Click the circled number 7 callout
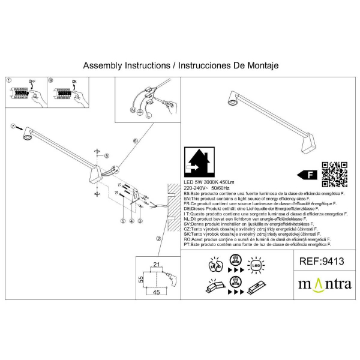coord(12,127)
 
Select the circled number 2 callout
coord(158,238)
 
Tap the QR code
coord(335,175)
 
